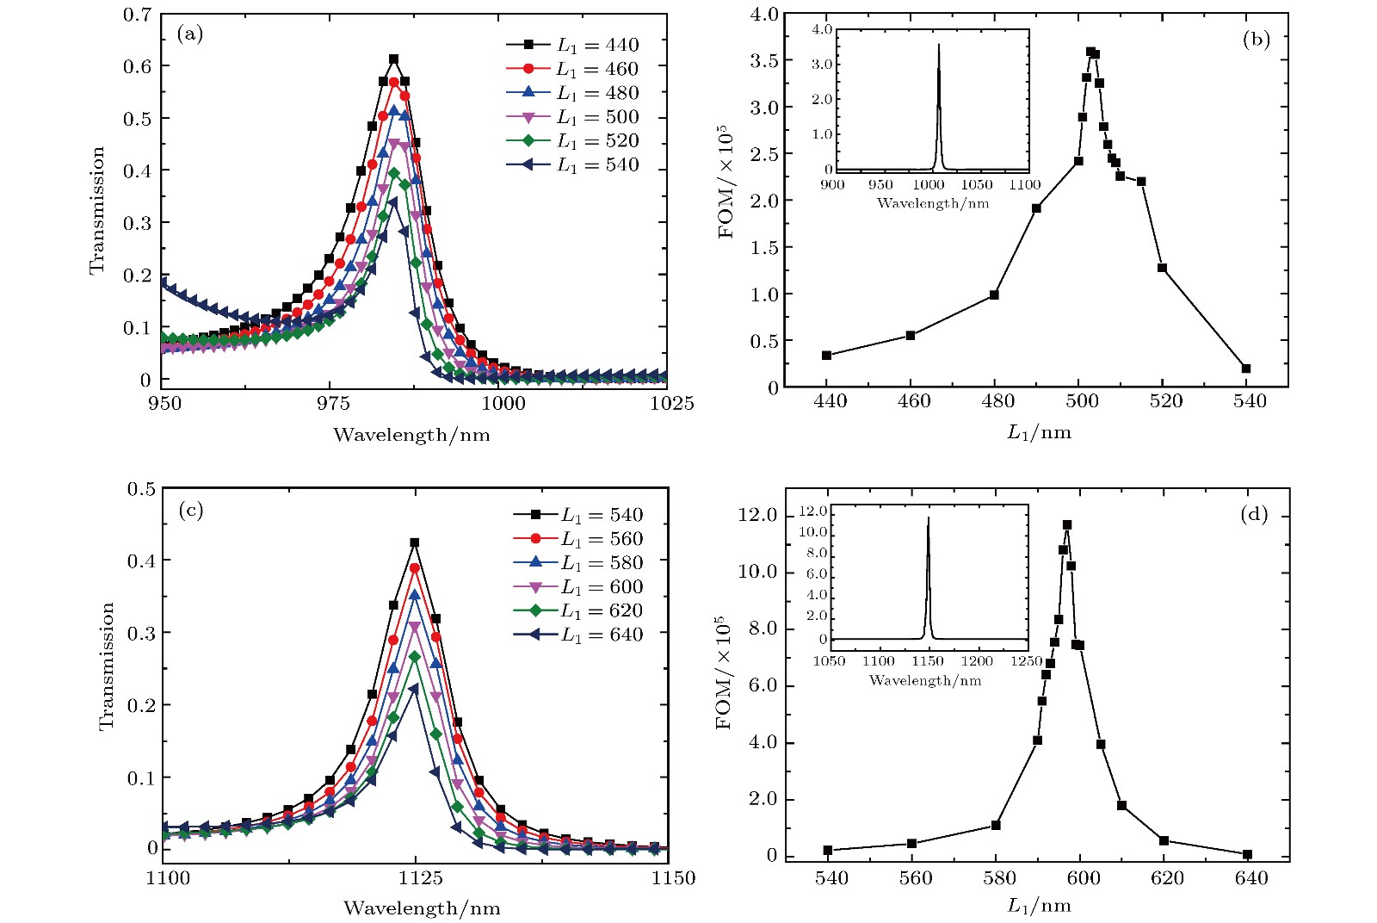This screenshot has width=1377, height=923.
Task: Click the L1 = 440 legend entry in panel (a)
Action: (572, 45)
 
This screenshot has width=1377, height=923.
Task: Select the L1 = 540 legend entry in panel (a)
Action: (572, 164)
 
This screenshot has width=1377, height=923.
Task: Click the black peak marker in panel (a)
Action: (393, 59)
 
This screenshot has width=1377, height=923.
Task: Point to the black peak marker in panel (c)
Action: (414, 542)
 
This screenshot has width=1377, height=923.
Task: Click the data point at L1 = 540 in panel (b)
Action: (1246, 369)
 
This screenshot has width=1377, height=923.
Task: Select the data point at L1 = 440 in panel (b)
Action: (826, 355)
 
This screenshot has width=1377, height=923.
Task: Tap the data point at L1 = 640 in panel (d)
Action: (1247, 854)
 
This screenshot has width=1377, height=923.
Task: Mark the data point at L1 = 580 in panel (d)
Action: (996, 825)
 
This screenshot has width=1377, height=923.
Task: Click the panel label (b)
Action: (1256, 39)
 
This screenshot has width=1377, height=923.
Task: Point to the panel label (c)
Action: (190, 510)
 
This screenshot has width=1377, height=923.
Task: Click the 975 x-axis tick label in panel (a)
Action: (332, 403)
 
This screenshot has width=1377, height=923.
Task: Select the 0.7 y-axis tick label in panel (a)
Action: (138, 15)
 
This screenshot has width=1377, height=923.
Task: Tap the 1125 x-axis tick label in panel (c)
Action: (419, 878)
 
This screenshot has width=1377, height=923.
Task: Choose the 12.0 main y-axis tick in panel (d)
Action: (758, 515)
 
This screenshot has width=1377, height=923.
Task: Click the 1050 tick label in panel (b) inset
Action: (976, 184)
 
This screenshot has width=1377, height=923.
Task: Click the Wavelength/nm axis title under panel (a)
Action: (411, 435)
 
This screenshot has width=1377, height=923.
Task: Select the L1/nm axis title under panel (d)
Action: (1039, 905)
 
